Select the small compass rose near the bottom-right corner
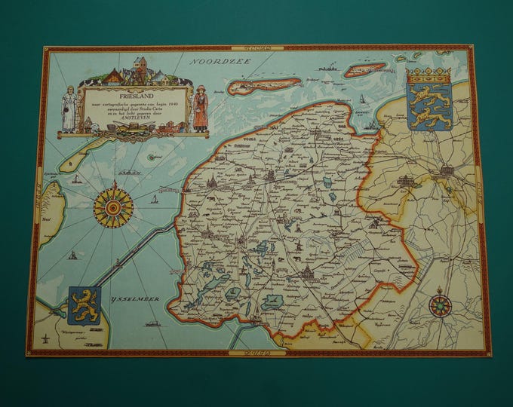(x=440, y=305)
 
